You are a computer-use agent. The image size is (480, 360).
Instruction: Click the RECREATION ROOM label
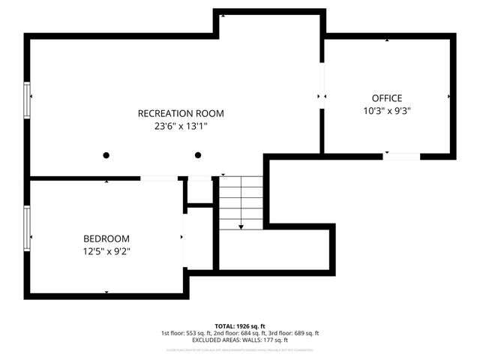(x=181, y=113)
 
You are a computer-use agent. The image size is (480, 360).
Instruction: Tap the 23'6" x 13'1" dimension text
(x=181, y=127)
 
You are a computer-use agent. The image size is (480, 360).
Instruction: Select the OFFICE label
(x=387, y=98)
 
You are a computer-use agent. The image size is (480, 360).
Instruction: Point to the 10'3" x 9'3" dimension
(x=387, y=111)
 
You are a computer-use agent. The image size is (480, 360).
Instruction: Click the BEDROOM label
(x=106, y=238)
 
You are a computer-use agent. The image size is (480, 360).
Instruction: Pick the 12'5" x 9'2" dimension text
(x=106, y=251)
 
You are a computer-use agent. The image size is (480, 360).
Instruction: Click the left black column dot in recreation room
(x=106, y=155)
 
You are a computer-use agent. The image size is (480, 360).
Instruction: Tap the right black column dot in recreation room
(x=198, y=155)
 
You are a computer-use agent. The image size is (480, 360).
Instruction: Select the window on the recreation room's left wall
(x=28, y=100)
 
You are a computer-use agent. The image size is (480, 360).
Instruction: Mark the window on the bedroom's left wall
(x=28, y=229)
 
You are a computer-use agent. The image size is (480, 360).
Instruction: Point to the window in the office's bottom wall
(x=401, y=156)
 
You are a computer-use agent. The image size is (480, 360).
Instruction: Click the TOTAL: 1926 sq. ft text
(x=240, y=326)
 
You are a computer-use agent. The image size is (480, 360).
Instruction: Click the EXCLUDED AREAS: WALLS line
(x=240, y=340)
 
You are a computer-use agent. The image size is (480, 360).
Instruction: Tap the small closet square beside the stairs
(x=199, y=191)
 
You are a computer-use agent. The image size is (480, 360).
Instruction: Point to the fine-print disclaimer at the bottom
(x=240, y=349)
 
